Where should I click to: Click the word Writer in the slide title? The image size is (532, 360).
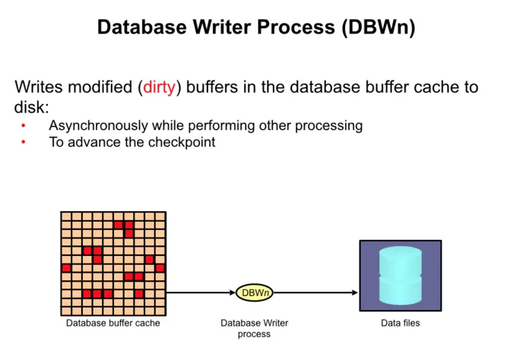point(221,27)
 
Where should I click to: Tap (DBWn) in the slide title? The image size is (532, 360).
point(378,27)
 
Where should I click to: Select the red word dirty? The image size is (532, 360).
point(160,87)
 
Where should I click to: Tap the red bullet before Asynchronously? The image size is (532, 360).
point(24,125)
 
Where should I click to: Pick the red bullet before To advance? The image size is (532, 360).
point(24,142)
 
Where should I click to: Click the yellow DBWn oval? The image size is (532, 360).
point(255,292)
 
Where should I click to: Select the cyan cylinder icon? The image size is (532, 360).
point(400,275)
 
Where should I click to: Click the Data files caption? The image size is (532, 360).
point(400,324)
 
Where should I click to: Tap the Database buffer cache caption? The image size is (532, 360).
point(112,324)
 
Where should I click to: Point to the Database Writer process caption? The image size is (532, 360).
point(255,328)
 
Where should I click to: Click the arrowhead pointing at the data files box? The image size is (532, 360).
point(354,292)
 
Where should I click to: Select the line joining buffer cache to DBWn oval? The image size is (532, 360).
point(201,292)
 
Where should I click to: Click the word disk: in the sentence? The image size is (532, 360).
point(31,107)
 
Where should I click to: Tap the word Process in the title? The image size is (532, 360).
point(298,27)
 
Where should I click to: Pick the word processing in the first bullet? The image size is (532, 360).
point(330,125)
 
